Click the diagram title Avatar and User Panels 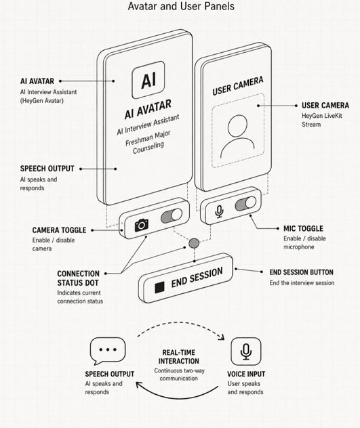(181, 6)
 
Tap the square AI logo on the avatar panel (148, 80)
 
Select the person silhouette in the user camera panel (237, 136)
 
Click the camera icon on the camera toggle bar (142, 225)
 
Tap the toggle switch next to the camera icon (172, 215)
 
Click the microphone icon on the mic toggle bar (219, 211)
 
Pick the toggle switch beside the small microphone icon (245, 204)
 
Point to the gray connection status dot (194, 243)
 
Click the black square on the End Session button (159, 287)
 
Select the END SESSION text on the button (197, 277)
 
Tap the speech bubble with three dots (107, 351)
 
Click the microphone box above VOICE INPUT (246, 351)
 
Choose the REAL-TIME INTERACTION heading (179, 357)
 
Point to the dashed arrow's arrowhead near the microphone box (222, 337)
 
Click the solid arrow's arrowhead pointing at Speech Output (139, 385)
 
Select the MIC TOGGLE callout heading (303, 228)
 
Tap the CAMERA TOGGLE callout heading (59, 230)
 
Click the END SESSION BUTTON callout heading (302, 272)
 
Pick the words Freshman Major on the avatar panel (148, 138)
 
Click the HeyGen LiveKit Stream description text (322, 120)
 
